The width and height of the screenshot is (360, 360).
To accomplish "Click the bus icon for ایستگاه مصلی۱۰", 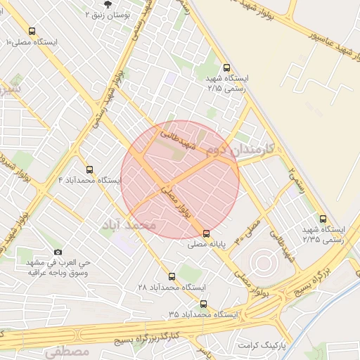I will coord(32,31).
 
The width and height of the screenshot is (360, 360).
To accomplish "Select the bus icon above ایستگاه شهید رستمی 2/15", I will coord(226,68).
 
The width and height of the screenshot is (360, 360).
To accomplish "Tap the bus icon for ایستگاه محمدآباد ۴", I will coord(89,169).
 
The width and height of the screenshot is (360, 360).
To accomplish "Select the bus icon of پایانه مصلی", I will coord(206,233).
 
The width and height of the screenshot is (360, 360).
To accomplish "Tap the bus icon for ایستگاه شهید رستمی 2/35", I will coord(323,219).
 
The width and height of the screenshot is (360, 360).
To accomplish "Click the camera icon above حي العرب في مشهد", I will coord(58,252).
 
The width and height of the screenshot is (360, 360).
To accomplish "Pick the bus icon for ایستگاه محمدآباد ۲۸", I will coord(172,276).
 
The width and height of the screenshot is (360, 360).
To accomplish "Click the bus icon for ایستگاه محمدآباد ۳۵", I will coord(203,304).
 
